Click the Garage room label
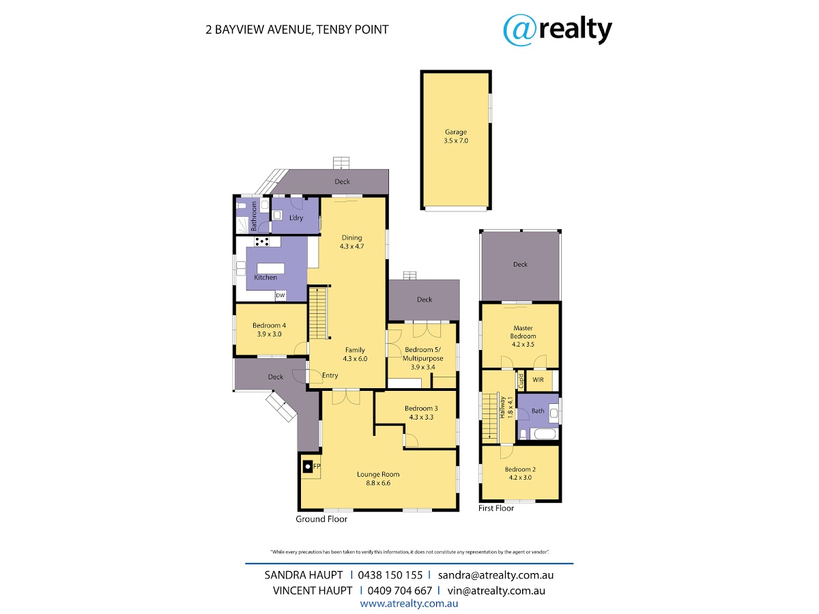[x=456, y=132]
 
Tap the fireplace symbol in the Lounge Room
[x=307, y=467]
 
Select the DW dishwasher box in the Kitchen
[x=281, y=295]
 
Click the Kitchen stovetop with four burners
[x=261, y=242]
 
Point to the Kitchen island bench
[x=270, y=268]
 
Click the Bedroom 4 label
[x=269, y=325]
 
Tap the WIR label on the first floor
[x=538, y=380]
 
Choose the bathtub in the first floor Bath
[x=545, y=434]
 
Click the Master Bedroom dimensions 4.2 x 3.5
[x=523, y=345]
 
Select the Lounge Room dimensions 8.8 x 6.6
[x=378, y=483]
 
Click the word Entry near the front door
[x=330, y=376]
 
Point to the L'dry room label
[x=296, y=218]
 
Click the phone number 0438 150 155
[x=390, y=575]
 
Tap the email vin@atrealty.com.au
[x=496, y=591]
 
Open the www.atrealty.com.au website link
[x=409, y=604]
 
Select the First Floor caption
[x=496, y=508]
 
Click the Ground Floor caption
[x=321, y=519]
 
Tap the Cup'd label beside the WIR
[x=521, y=381]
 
